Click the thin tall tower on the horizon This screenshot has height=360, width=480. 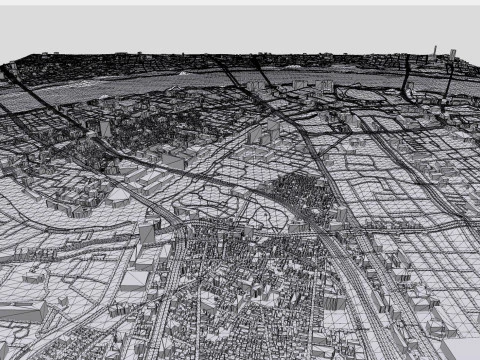point(435,51)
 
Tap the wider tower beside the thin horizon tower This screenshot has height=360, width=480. point(453,53)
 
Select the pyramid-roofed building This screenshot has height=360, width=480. point(106,129)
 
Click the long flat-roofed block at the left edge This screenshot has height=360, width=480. point(22,313)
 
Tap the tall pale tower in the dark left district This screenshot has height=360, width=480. point(106,129)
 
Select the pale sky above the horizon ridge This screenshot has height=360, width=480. point(240,25)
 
